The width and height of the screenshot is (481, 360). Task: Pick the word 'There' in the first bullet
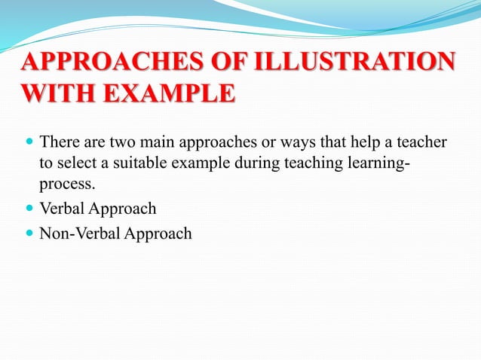point(58,142)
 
